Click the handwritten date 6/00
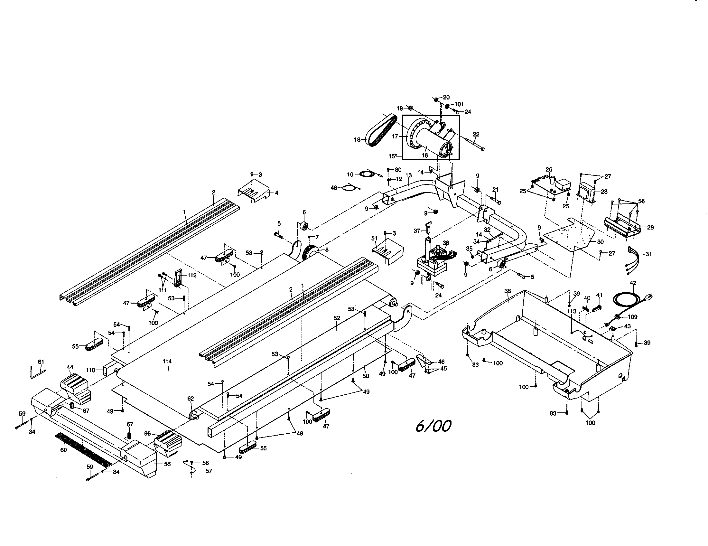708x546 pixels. [x=433, y=426]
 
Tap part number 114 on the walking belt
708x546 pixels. [x=167, y=361]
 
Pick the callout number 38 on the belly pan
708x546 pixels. [x=507, y=291]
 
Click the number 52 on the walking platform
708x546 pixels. [x=337, y=318]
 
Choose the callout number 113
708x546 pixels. [x=572, y=311]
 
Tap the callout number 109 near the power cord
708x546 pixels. [x=632, y=317]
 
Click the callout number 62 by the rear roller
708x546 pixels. [x=191, y=399]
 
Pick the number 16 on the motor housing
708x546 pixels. [x=425, y=155]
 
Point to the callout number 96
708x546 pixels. [x=147, y=433]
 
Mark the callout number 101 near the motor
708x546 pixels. [x=459, y=104]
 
